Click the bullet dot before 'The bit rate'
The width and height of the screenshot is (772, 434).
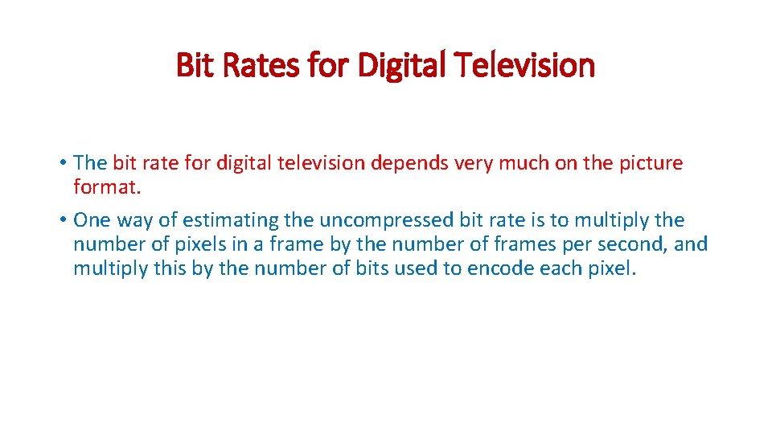[x=63, y=163]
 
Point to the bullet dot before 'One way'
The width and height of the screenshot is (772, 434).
[x=63, y=220]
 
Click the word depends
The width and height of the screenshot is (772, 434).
[x=409, y=163]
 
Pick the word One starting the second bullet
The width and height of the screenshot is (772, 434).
[x=92, y=219]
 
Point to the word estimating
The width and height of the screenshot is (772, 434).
[x=216, y=219]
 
